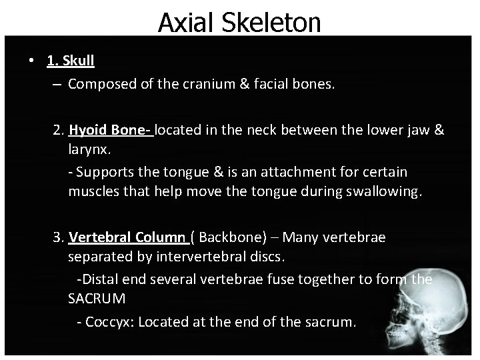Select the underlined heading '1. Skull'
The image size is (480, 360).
tap(71, 61)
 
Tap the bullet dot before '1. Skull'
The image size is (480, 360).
tap(32, 61)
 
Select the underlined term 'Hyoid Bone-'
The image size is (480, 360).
tap(111, 130)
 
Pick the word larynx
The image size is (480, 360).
tap(89, 148)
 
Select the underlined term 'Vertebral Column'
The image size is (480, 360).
tap(127, 237)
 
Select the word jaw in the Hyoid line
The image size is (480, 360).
tap(420, 130)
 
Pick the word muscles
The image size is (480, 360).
tap(93, 193)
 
